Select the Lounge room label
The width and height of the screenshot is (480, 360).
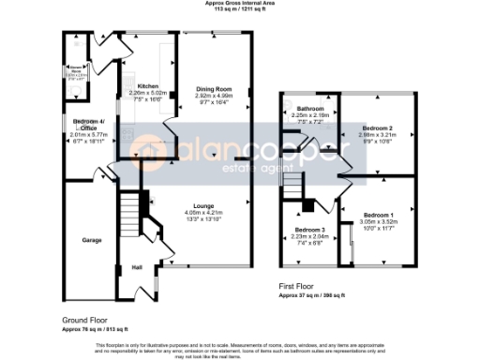[204, 205]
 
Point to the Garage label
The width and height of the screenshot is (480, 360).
[91, 240]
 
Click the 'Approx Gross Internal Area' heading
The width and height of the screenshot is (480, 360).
[239, 4]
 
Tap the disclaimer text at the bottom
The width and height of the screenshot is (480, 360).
[240, 348]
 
